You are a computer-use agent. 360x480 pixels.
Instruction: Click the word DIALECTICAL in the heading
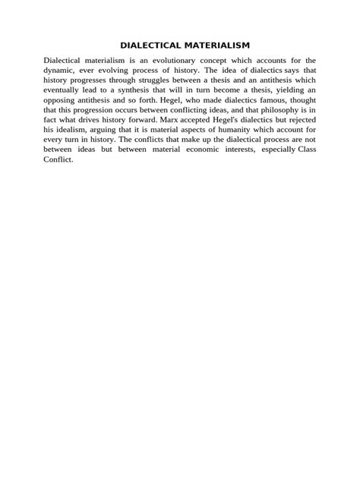coord(147,46)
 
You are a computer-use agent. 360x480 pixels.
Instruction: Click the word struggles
coord(134,80)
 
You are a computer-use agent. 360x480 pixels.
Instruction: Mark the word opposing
coord(62,99)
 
